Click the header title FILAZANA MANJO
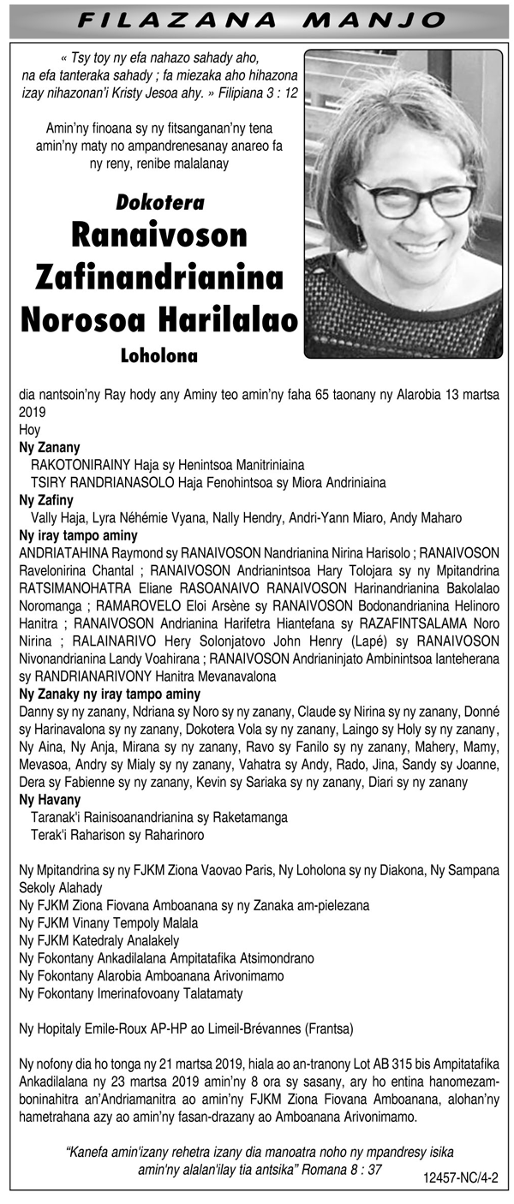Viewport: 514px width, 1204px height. coord(256,19)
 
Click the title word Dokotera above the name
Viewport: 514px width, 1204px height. coord(159,204)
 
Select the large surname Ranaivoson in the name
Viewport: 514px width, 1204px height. coord(159,236)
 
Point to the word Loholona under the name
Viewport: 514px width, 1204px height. coord(159,354)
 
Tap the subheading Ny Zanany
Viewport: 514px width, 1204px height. coord(49,446)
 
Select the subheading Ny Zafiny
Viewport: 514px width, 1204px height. coord(46,499)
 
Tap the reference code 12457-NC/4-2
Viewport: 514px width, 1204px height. coord(460,1178)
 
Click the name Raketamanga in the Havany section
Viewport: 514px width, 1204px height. coord(246,817)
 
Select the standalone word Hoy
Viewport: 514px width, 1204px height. coord(29,429)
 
